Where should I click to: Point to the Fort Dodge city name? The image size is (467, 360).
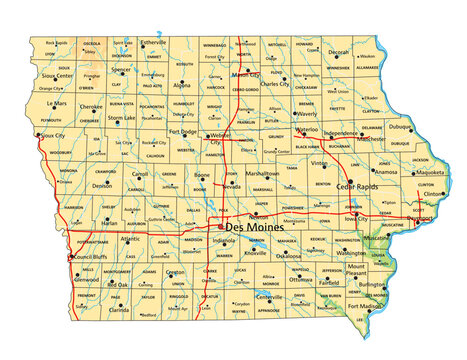click(x=184, y=131)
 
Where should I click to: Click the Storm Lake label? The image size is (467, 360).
click(x=122, y=118)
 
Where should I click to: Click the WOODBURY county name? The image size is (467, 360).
click(x=60, y=153)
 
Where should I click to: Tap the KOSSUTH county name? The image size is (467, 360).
click(x=183, y=63)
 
